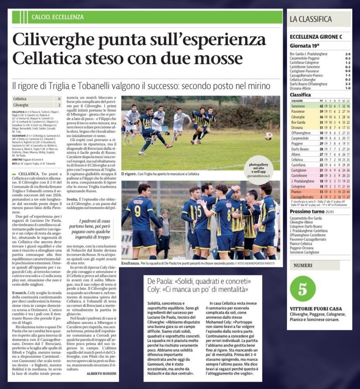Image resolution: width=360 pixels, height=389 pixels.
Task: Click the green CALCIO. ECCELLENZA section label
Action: (57, 17)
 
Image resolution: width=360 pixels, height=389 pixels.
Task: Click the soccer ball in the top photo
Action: (268, 136)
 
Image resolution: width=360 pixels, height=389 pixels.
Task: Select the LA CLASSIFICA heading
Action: (311, 19)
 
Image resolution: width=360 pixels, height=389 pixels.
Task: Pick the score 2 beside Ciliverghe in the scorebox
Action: (59, 105)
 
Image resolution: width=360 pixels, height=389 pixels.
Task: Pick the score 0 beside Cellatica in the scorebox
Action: (59, 99)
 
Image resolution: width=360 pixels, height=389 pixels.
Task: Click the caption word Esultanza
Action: (131, 264)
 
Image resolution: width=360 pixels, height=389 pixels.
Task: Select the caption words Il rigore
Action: (129, 174)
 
